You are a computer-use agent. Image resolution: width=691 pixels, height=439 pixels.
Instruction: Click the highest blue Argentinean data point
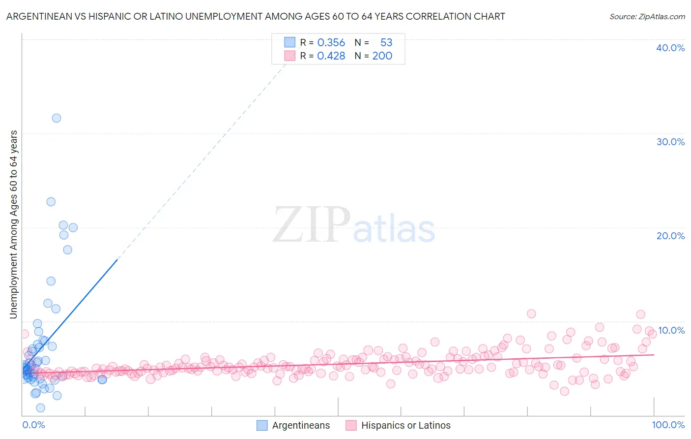click(57, 118)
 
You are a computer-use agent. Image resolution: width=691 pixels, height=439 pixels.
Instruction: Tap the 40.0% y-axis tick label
click(670, 48)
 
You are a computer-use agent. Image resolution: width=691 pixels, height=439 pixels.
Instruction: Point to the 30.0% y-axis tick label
click(670, 142)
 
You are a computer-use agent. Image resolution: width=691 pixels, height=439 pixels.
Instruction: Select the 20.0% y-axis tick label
click(670, 236)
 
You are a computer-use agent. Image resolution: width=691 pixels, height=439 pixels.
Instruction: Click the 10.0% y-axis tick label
click(671, 330)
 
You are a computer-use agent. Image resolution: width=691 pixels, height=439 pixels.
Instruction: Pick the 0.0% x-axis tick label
click(33, 425)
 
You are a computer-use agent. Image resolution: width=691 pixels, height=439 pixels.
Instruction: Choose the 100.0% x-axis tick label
click(668, 425)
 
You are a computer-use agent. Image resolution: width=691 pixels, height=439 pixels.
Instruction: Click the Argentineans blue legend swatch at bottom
click(262, 426)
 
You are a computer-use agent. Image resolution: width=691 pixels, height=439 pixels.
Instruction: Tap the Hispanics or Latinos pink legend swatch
click(351, 426)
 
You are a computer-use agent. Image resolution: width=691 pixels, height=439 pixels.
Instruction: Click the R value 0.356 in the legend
click(331, 43)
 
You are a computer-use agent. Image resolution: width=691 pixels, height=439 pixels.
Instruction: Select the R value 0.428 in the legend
click(331, 56)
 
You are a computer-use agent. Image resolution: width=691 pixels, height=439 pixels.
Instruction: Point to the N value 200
click(382, 56)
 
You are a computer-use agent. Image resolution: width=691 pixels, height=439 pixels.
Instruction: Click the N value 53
click(386, 43)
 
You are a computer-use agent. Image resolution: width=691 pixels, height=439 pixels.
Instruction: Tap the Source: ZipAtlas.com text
click(647, 17)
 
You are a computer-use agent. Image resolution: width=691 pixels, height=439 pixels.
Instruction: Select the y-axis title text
click(14, 224)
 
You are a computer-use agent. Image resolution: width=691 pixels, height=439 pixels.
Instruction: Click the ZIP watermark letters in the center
click(312, 225)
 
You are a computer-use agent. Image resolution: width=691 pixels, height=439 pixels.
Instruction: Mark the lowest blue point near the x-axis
click(40, 408)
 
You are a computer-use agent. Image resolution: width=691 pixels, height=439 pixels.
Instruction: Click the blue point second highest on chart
click(51, 202)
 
